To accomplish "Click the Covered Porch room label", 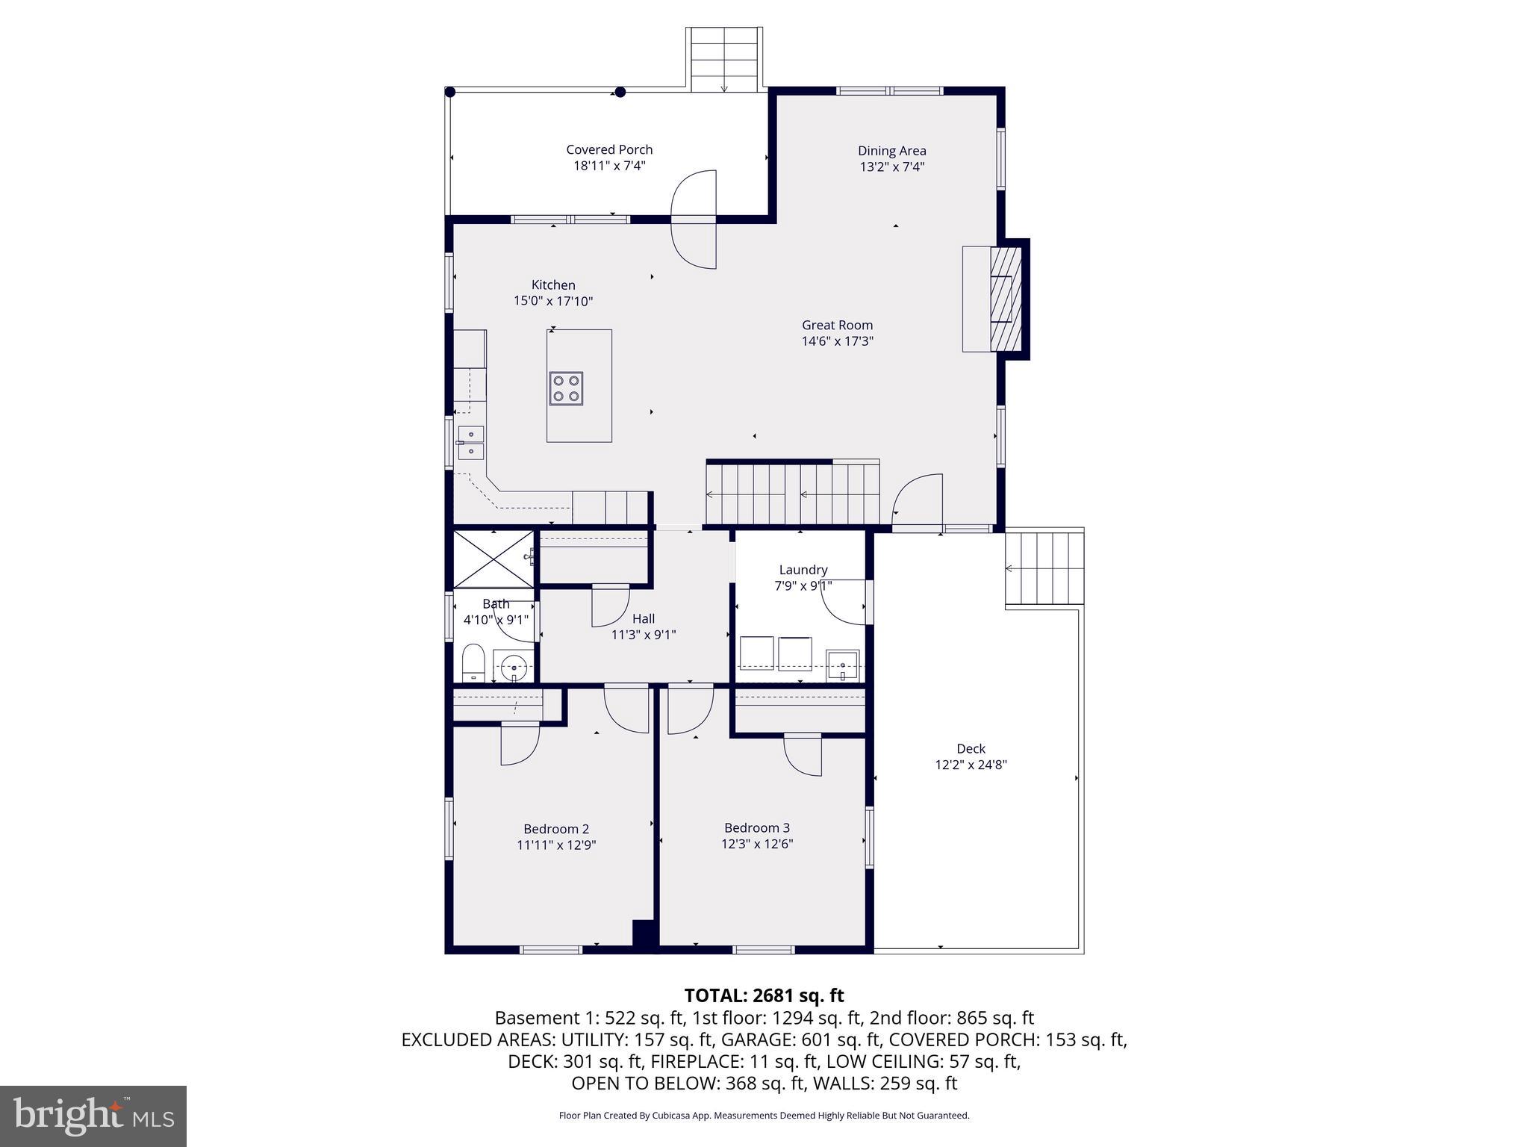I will (x=609, y=149).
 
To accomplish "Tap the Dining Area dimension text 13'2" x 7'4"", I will (x=891, y=167).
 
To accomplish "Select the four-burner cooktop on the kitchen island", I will (x=566, y=388).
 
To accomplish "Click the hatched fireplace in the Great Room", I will (x=1005, y=299).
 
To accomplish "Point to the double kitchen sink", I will (x=471, y=443).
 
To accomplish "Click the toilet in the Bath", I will (x=473, y=663).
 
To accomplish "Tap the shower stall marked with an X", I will (x=493, y=559).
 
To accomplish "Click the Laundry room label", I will (x=803, y=570).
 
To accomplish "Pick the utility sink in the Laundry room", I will (x=843, y=665).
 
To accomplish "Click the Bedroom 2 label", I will (x=556, y=829).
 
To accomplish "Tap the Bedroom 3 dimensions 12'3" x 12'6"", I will (x=757, y=844).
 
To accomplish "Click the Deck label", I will (x=971, y=748).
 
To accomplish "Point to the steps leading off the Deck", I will (x=1044, y=568).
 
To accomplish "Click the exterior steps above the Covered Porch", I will (x=724, y=60).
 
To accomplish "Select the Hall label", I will (x=644, y=618).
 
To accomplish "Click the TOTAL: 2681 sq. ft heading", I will (x=764, y=995).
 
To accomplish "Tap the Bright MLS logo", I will (x=93, y=1116).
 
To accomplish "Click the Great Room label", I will (x=837, y=325).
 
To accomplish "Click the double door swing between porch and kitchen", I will (x=694, y=220).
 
